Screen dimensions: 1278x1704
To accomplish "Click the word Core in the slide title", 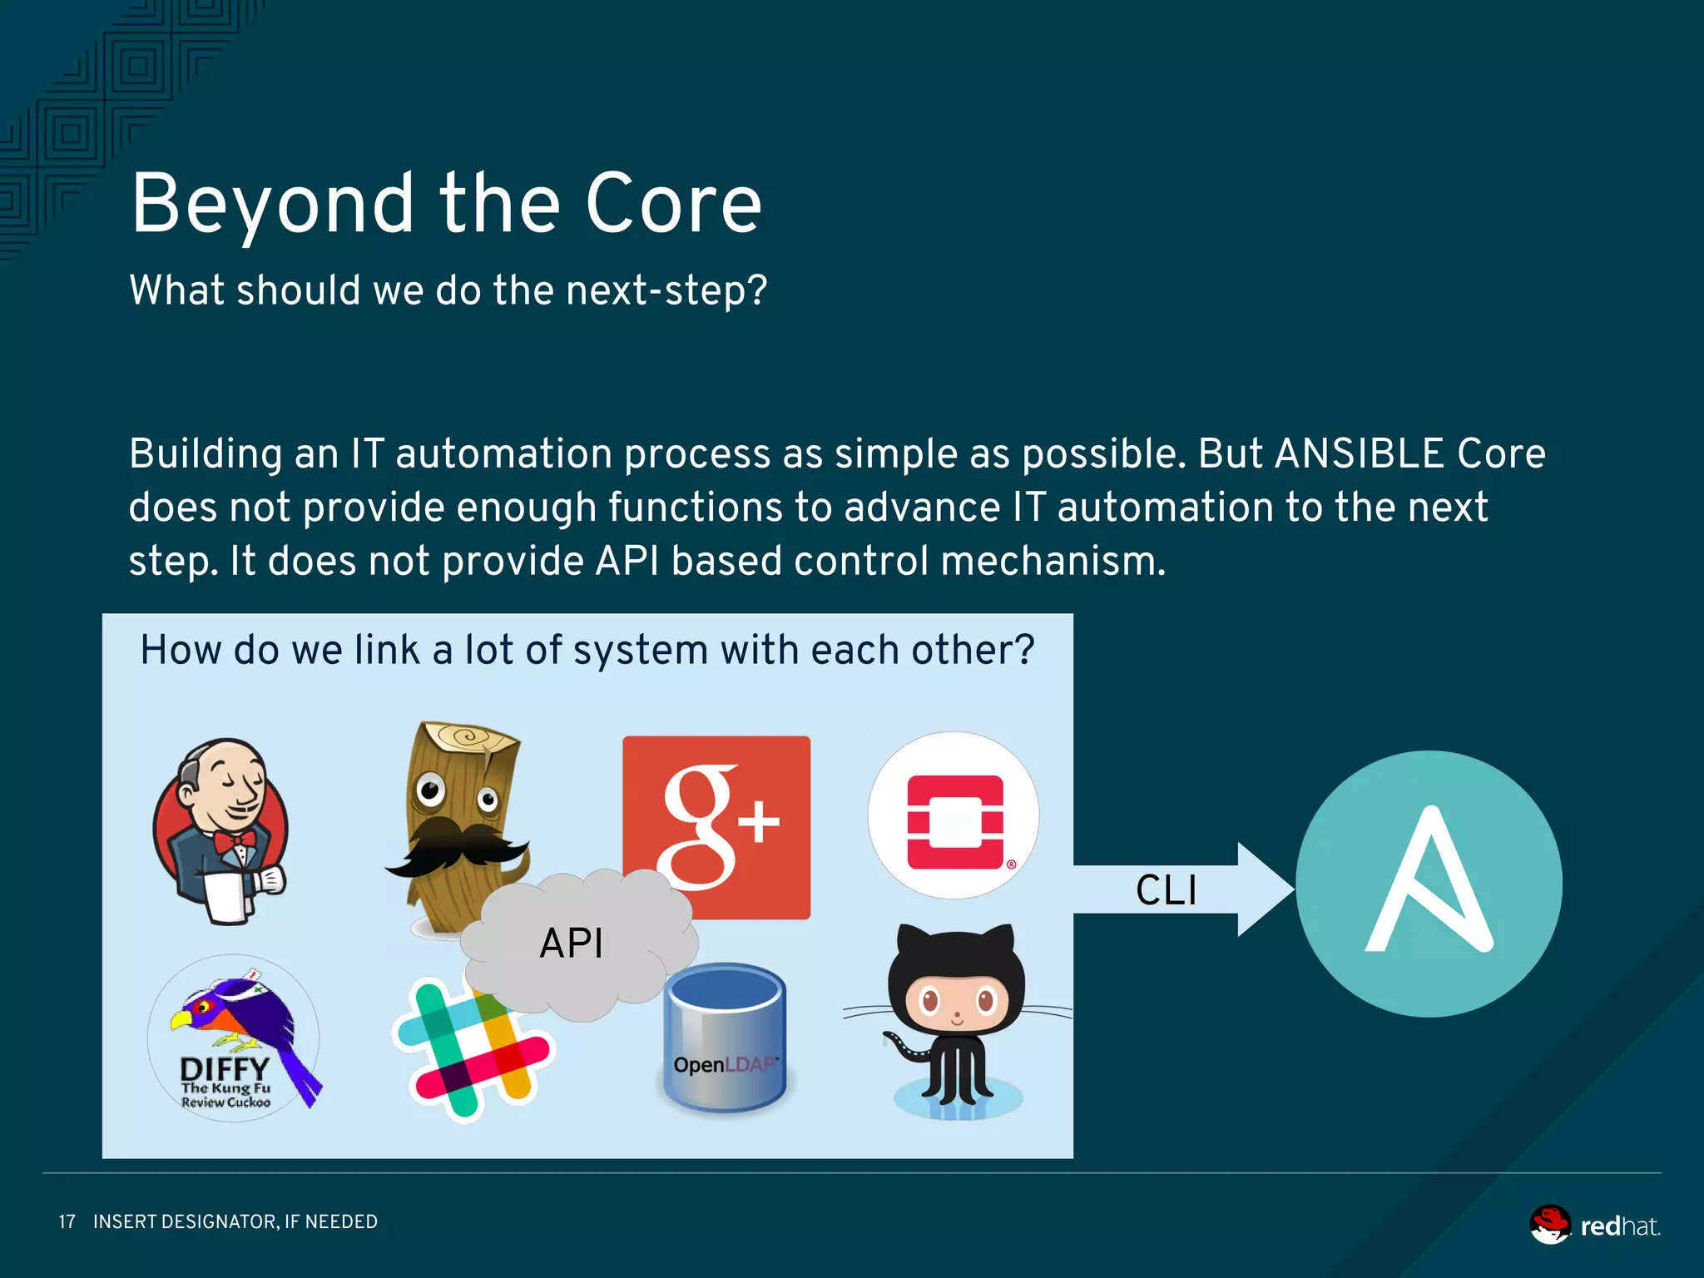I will point(673,204).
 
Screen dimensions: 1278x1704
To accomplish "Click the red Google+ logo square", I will point(716,799).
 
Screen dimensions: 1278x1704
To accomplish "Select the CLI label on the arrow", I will point(1166,890).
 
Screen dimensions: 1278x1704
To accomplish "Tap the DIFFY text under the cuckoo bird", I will point(225,1068).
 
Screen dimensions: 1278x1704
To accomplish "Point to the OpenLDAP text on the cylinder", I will point(724,1064).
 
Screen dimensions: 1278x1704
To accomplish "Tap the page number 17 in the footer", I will point(67,1221).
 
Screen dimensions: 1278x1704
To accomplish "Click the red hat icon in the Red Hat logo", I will point(1549,1224).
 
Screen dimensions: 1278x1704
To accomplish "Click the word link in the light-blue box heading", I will point(387,650).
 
